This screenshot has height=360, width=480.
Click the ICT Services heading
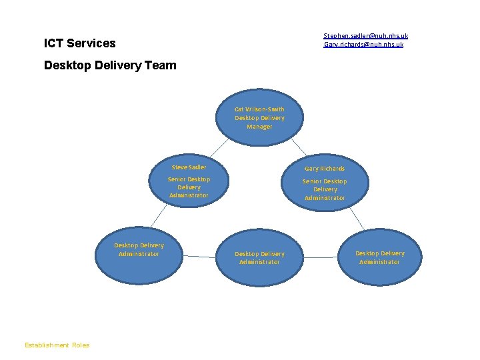[79, 43]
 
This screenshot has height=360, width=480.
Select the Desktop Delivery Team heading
[110, 65]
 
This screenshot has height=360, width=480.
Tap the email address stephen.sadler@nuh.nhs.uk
[365, 35]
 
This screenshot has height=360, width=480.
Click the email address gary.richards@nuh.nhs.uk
[363, 45]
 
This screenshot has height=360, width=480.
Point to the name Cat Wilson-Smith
[259, 109]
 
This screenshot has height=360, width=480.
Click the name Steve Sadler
[189, 167]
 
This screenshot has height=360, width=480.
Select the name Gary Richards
[325, 169]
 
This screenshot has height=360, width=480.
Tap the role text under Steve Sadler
[189, 187]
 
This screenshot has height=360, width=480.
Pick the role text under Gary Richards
[325, 189]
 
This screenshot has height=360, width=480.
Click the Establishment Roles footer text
[57, 345]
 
